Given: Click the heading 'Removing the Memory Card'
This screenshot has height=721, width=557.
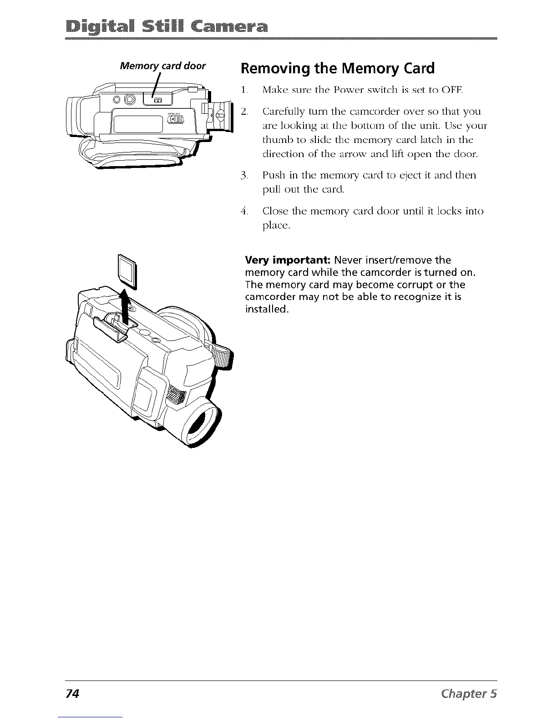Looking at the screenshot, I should (337, 69).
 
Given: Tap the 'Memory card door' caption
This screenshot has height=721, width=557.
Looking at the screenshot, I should (162, 66).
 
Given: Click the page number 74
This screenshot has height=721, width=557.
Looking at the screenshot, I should (72, 694).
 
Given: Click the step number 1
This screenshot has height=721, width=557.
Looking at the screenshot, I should (244, 91).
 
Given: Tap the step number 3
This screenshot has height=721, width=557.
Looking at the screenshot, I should (244, 175).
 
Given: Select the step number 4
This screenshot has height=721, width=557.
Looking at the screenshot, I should (244, 211).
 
